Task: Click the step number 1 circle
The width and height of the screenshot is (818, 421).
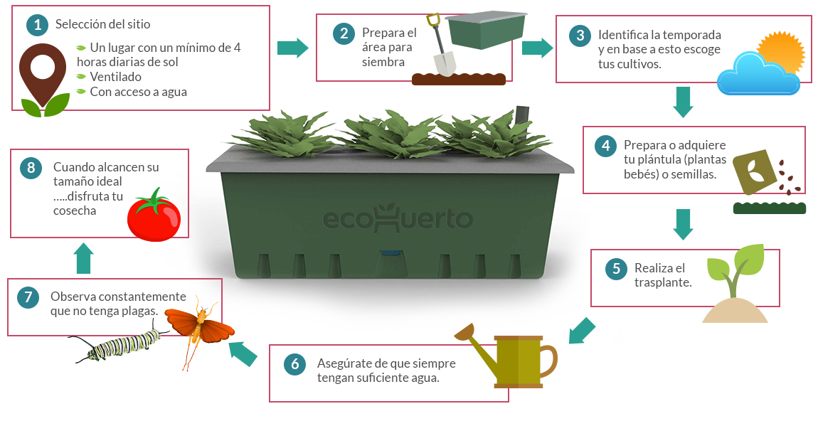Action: click(x=37, y=25)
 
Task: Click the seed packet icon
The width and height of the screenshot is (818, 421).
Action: click(x=755, y=173)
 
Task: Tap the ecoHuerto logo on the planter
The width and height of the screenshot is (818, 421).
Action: click(x=398, y=219)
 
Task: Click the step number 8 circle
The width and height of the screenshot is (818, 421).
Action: click(x=30, y=169)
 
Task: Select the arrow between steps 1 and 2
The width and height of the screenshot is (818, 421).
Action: click(x=292, y=48)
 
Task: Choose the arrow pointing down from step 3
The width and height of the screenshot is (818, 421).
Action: click(x=683, y=101)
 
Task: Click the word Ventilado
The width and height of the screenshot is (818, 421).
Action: click(x=116, y=77)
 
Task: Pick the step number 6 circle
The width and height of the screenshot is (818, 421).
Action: click(x=294, y=365)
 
